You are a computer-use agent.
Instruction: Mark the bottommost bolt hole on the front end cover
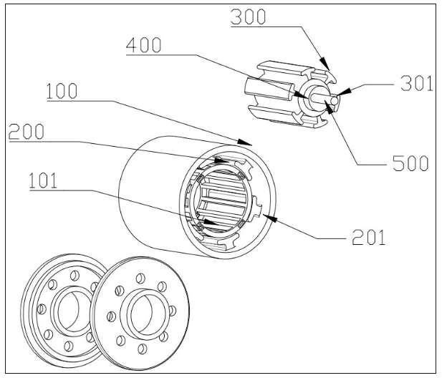click(142, 349)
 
